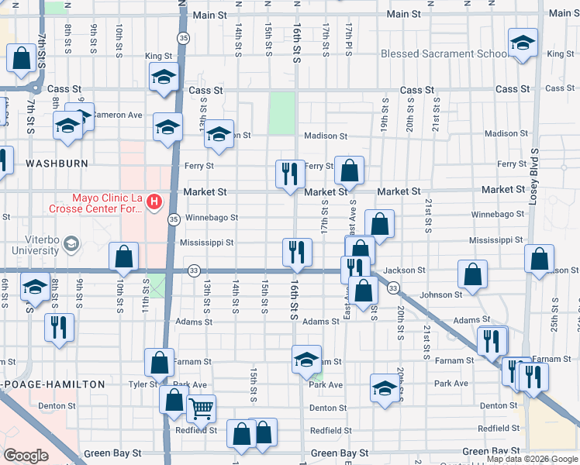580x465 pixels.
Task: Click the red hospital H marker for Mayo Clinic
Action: coord(154,202)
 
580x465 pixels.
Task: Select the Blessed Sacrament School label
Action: coord(444,54)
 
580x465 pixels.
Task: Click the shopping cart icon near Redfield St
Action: coord(201,408)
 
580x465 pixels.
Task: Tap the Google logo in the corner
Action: coord(26,456)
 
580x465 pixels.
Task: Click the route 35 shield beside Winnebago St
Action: coord(174,219)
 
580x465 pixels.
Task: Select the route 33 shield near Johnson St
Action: coord(393,288)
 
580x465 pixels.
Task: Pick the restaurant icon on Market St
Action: coord(290,174)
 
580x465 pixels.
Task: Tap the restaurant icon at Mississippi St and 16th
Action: coord(296,251)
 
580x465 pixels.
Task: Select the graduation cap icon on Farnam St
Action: coord(307,359)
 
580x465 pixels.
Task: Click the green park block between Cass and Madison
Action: coord(282,113)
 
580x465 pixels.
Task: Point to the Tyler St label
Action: coord(143,384)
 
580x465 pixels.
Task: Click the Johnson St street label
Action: coord(440,294)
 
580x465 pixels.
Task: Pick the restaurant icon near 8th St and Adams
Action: coord(59,327)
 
